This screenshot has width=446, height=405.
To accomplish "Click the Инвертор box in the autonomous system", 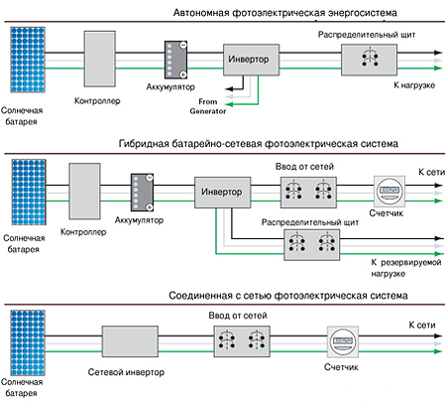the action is click(251, 60).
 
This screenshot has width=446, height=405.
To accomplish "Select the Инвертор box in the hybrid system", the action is click(222, 193).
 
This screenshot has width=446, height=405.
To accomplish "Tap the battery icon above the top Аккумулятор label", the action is click(176, 60).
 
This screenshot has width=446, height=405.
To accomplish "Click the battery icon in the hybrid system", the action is click(143, 193).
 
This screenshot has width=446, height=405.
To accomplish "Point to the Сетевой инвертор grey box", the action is click(130, 341).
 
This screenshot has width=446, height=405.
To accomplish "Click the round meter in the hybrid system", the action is click(390, 192).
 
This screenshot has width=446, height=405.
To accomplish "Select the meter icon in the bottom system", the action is click(343, 341).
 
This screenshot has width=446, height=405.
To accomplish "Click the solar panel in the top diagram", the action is click(28, 60).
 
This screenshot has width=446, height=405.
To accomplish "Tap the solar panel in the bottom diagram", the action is click(28, 342).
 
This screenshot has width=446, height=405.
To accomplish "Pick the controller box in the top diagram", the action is click(100, 59).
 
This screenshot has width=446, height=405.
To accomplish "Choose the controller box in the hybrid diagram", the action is click(84, 191).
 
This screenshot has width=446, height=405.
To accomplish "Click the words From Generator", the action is click(208, 106).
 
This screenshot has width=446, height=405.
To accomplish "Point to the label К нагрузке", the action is click(414, 85).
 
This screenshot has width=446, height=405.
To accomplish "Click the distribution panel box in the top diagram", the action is click(369, 60).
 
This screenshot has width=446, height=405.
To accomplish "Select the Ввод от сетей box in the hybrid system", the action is click(308, 193).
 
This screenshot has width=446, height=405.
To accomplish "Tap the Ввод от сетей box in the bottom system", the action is click(242, 341).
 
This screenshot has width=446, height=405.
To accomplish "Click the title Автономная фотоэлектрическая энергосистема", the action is click(285, 13).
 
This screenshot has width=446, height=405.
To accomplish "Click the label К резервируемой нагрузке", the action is click(406, 268).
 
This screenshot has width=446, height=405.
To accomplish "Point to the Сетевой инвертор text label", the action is click(126, 372).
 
